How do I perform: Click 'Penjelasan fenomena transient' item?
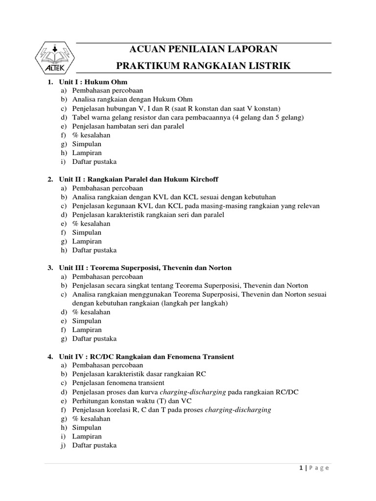118,383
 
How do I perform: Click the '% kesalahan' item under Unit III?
91,312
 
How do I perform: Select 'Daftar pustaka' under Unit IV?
94,445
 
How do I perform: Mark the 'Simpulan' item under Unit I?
87,144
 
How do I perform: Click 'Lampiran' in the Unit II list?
87,241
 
